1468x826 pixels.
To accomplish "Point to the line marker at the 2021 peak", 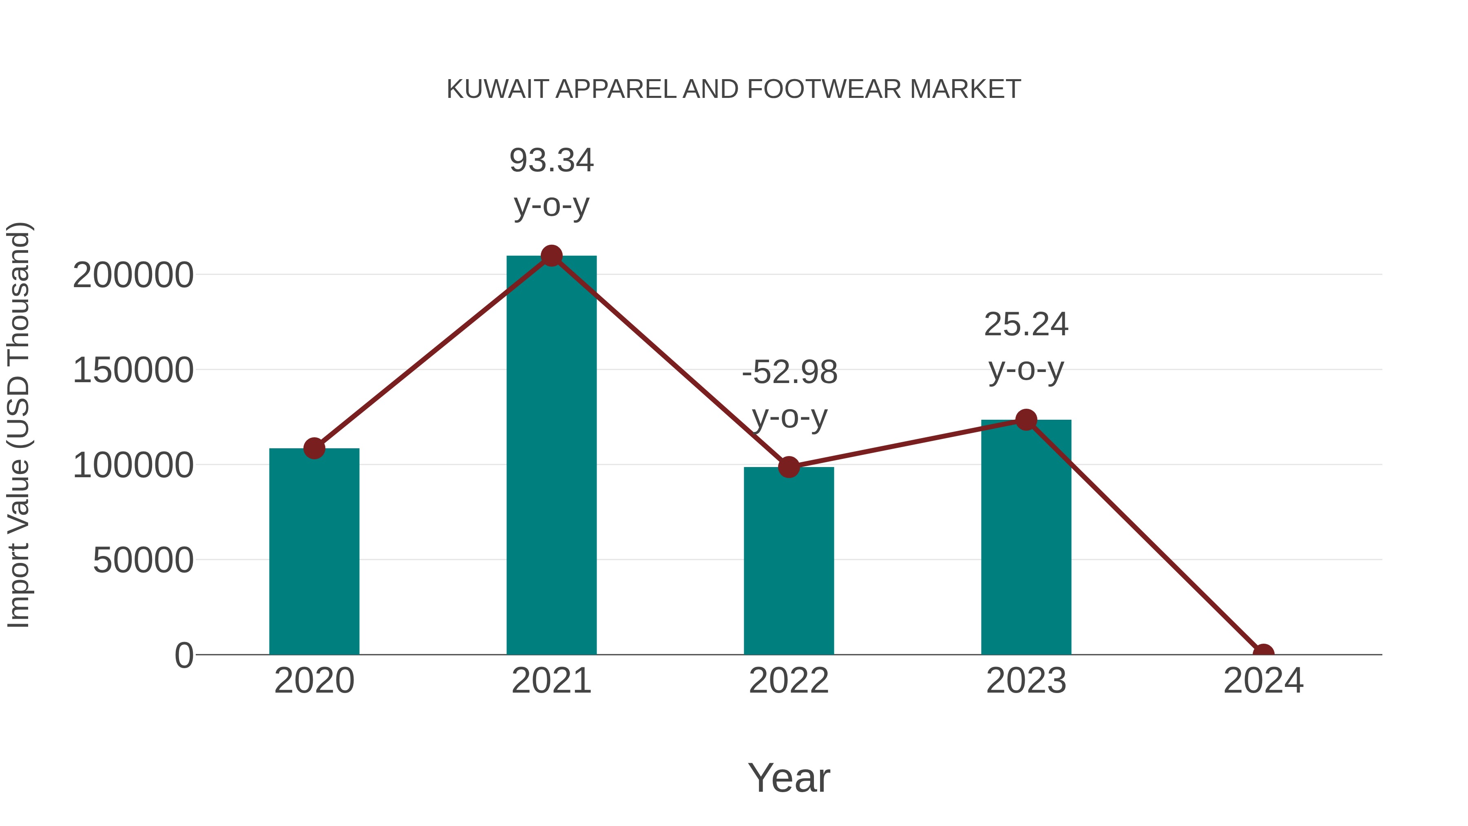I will [x=551, y=256].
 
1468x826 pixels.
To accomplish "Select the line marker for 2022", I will [x=789, y=467].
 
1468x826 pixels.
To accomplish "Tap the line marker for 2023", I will [x=1026, y=420].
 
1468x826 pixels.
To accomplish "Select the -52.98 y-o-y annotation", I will [x=789, y=394].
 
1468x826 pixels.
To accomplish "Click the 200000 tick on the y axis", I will [x=133, y=275].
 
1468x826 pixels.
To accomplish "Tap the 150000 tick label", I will [x=133, y=370].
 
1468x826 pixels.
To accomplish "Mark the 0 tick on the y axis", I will [x=183, y=655].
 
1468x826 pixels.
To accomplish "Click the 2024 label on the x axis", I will [x=1263, y=681].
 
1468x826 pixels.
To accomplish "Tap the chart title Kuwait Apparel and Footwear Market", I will [x=734, y=89].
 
